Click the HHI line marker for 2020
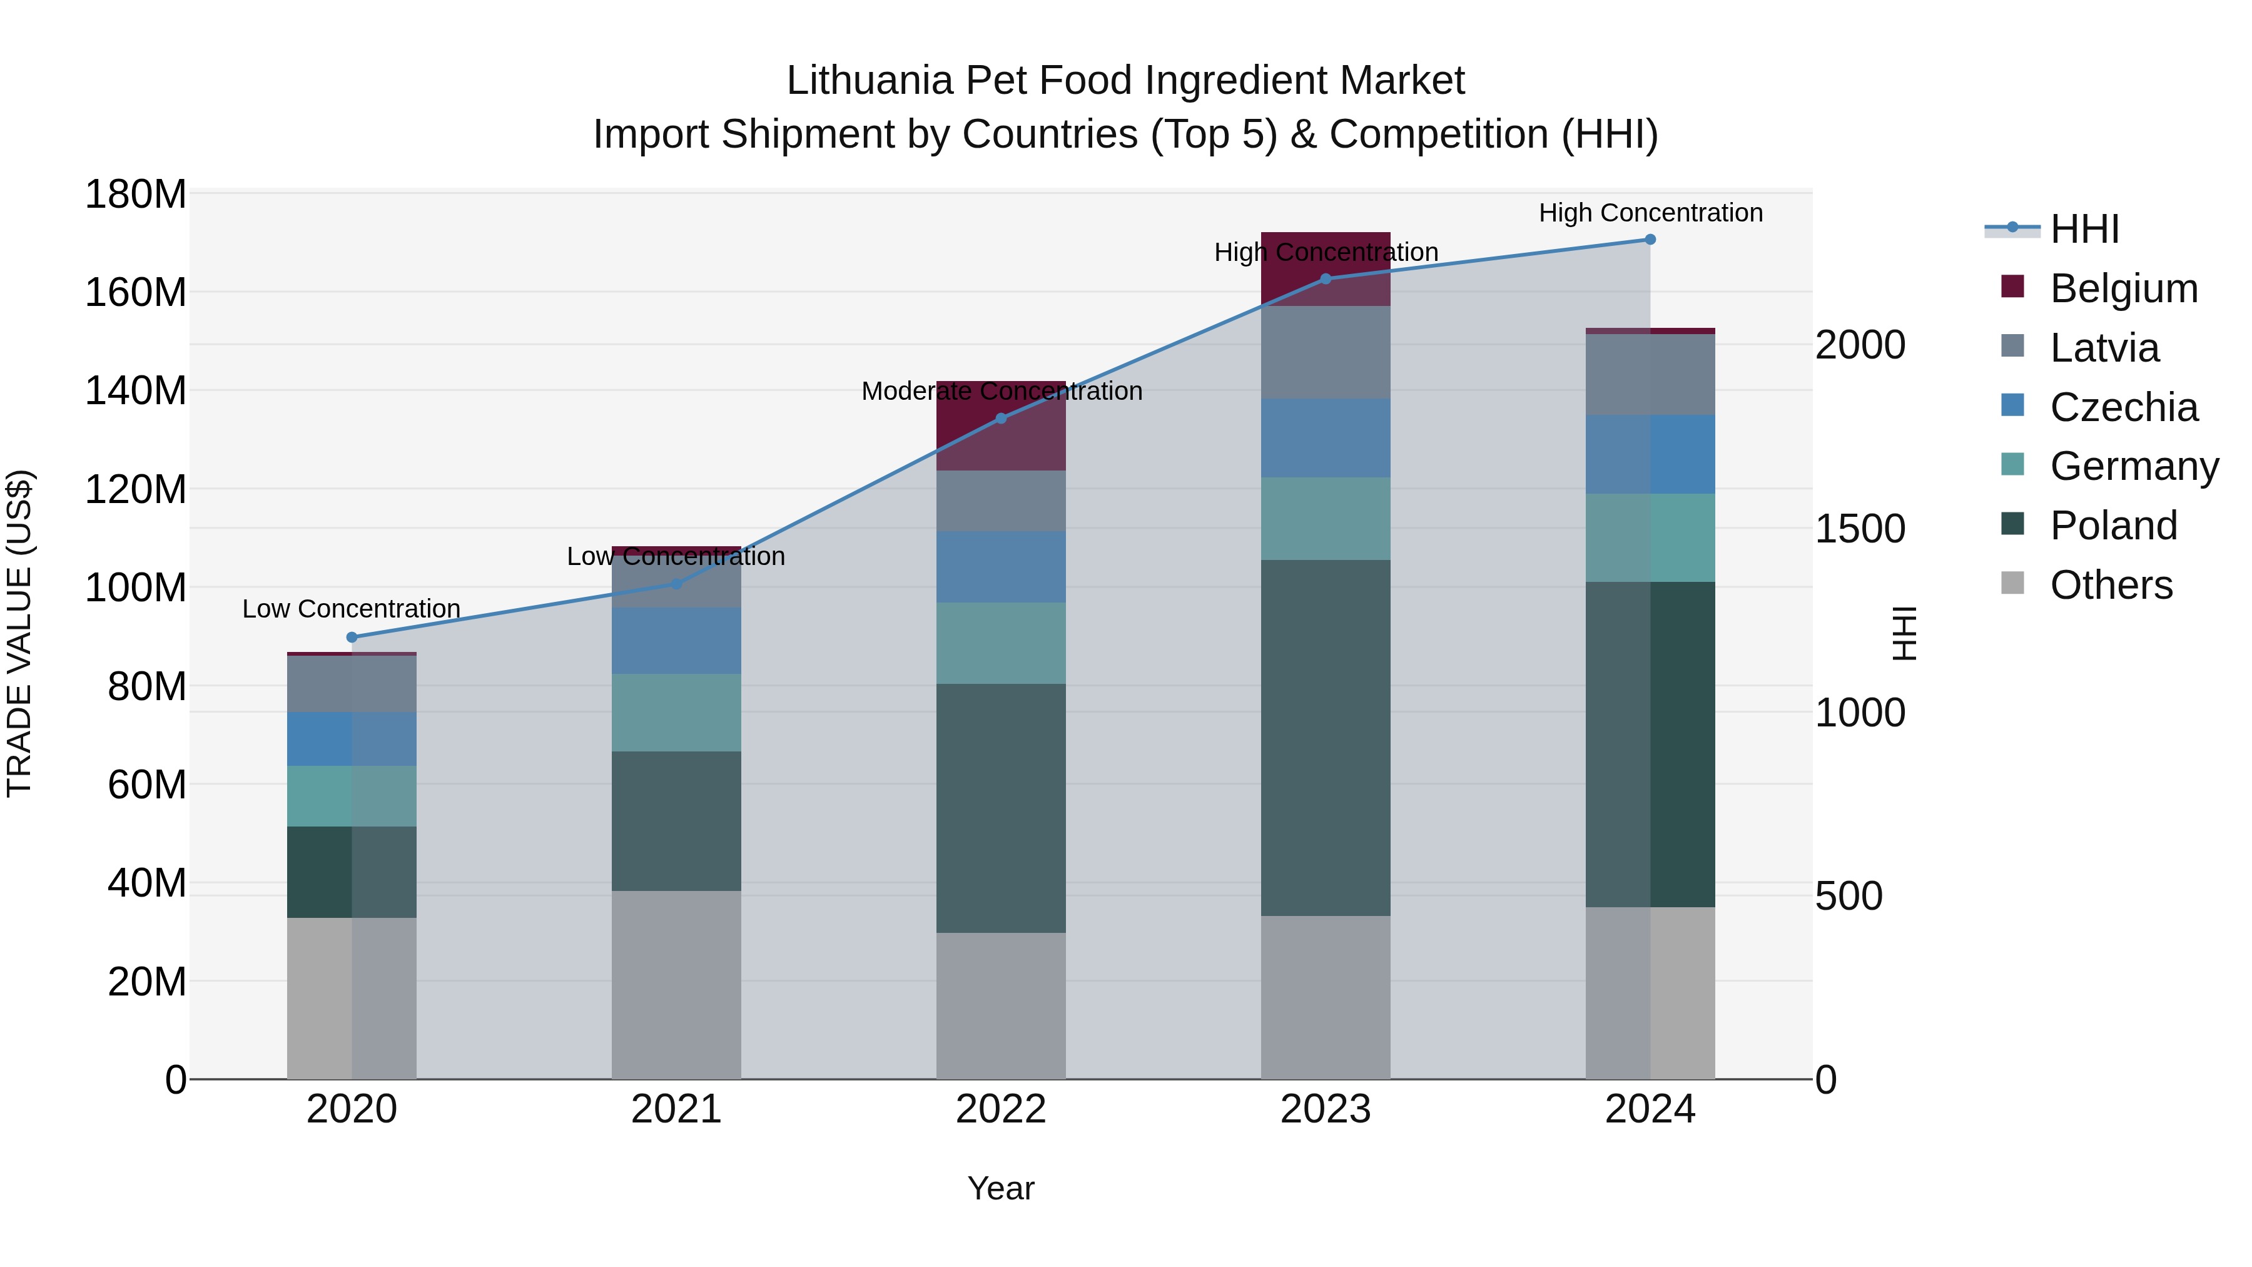click(352, 638)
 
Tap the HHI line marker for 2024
click(1650, 240)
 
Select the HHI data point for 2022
click(1001, 418)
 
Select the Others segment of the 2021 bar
click(676, 985)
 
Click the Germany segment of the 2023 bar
click(1326, 519)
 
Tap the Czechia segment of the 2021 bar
click(676, 641)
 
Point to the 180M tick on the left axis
click(136, 194)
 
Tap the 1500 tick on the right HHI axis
click(1860, 529)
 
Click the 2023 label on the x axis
click(1326, 1109)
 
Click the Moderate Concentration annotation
click(1001, 391)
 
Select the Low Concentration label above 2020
click(352, 609)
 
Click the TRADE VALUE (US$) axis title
click(19, 633)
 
